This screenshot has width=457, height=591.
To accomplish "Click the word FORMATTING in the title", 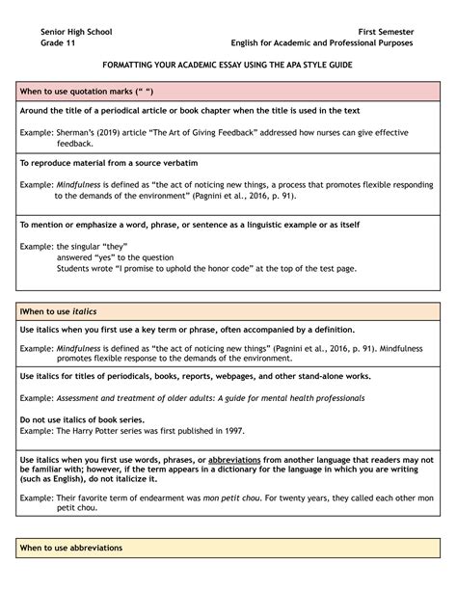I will point(137,65).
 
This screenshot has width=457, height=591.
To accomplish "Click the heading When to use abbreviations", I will point(73,549).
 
